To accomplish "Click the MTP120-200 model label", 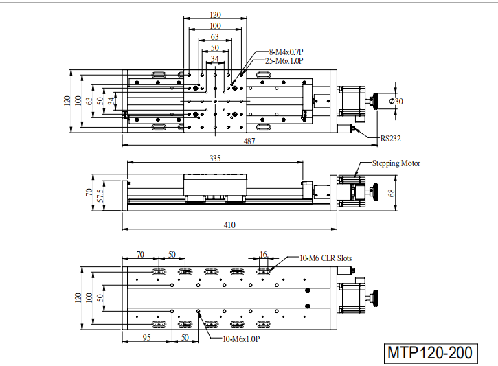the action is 431,353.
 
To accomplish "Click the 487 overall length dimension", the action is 249,141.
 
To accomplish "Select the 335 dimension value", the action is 215,158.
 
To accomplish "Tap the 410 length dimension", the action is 229,225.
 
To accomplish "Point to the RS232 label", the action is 391,139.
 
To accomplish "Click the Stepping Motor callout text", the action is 396,163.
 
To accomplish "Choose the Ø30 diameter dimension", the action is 396,101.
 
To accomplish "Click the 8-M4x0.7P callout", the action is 286,52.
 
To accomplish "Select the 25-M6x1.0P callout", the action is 284,61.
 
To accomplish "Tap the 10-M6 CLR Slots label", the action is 326,258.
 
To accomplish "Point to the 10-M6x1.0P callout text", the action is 241,339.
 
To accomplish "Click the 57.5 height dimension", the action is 100,196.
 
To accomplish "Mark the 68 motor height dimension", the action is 392,193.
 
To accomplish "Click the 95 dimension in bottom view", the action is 146,337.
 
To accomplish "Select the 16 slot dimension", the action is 263,255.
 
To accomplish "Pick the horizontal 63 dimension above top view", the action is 215,37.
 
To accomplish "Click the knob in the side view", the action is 376,192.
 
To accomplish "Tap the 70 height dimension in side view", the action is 89,192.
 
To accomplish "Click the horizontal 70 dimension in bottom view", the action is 140,255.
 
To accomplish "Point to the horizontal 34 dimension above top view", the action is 215,59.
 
